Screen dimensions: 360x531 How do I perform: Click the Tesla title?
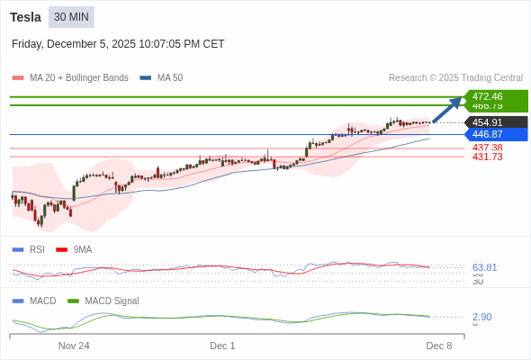[x=25, y=17]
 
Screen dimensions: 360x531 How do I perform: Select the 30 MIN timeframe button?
[x=71, y=17]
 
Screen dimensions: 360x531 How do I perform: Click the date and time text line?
[x=118, y=44]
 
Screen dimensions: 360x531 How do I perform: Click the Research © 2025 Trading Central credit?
[x=455, y=78]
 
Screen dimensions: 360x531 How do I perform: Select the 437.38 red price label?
[x=487, y=148]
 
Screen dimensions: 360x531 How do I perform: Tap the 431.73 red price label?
[x=487, y=157]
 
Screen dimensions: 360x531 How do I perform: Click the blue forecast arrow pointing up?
[x=447, y=109]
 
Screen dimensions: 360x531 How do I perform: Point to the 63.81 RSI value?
[x=484, y=267]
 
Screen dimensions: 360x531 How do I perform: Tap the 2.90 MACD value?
[x=481, y=317]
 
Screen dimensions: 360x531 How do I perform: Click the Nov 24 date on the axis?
[x=74, y=346]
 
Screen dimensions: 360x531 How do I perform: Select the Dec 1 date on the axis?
[x=222, y=346]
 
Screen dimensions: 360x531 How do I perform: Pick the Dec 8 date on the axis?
[x=438, y=346]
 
